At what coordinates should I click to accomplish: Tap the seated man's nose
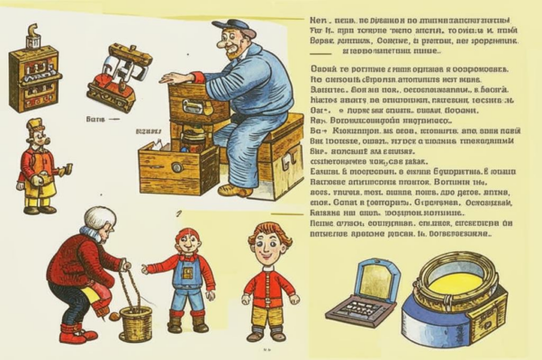click(x=230, y=46)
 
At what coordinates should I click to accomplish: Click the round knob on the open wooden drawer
click(x=176, y=167)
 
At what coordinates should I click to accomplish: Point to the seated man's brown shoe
click(x=236, y=190)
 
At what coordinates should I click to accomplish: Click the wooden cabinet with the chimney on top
click(x=33, y=76)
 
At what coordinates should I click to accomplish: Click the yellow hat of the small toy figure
click(x=34, y=124)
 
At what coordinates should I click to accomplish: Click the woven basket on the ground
click(x=136, y=322)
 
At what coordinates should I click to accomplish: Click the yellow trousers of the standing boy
click(x=267, y=316)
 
